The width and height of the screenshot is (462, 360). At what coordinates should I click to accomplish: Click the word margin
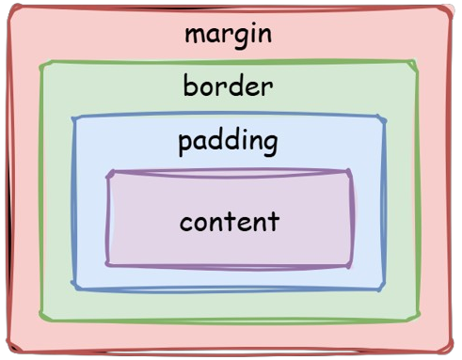click(229, 36)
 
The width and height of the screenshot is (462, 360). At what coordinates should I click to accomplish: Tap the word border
click(228, 85)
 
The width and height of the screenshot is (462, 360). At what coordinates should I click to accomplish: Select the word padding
click(228, 143)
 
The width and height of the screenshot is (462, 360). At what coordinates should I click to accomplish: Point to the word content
click(230, 221)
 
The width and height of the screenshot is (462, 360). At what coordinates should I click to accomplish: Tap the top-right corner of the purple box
click(350, 172)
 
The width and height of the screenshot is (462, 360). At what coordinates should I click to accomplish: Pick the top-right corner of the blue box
click(383, 118)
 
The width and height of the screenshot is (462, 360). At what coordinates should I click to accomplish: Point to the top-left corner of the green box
click(42, 65)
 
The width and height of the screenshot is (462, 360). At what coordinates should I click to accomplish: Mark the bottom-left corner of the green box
click(41, 317)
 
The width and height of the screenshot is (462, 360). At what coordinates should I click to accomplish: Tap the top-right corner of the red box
click(450, 8)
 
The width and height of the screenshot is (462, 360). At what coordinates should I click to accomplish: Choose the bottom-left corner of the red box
click(9, 347)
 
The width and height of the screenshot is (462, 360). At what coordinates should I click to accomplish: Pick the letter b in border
click(190, 85)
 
